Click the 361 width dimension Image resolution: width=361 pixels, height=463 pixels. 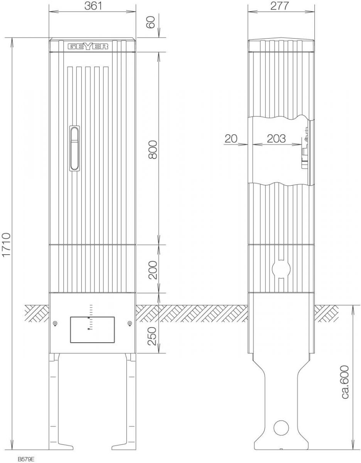point(93,6)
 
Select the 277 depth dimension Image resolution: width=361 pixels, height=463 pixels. point(279,6)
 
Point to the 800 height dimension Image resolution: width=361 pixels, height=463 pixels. point(152,149)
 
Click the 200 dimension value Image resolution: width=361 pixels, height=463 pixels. point(152,270)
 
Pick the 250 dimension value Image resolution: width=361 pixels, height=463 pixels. point(152,336)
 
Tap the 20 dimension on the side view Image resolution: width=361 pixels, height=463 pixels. point(231,139)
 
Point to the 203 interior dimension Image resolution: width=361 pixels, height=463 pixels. point(276,139)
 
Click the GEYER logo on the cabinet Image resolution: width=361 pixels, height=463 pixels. point(88,46)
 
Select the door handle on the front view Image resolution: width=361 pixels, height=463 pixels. point(74,148)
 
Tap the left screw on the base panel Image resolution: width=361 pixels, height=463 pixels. point(55,323)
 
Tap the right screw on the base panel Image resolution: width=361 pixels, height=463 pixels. point(130,323)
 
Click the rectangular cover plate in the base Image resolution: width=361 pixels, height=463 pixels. point(92,330)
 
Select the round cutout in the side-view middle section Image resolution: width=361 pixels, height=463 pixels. point(281,269)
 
